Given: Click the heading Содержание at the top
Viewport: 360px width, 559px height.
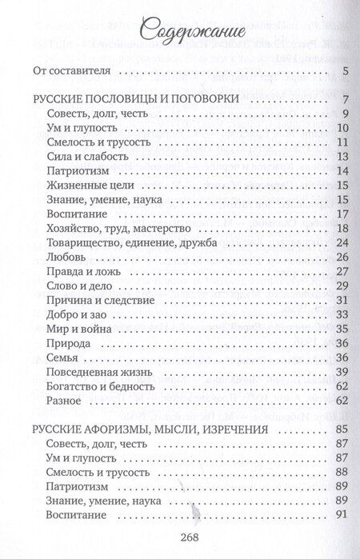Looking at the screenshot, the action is click(179, 31).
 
